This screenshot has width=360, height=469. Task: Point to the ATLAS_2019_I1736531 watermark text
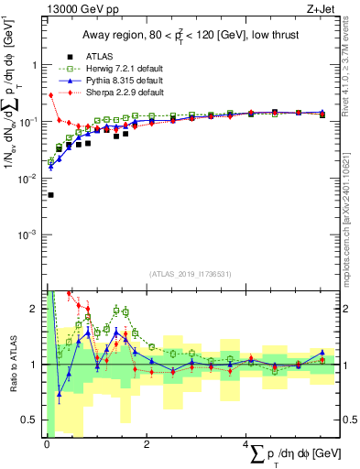(191, 273)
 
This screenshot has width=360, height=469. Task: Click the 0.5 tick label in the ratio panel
(30, 420)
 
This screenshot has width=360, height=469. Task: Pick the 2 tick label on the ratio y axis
(35, 309)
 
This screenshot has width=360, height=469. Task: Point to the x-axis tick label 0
(47, 445)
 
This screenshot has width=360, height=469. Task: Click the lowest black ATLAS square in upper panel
(50, 195)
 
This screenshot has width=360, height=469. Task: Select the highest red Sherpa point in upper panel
(50, 95)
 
